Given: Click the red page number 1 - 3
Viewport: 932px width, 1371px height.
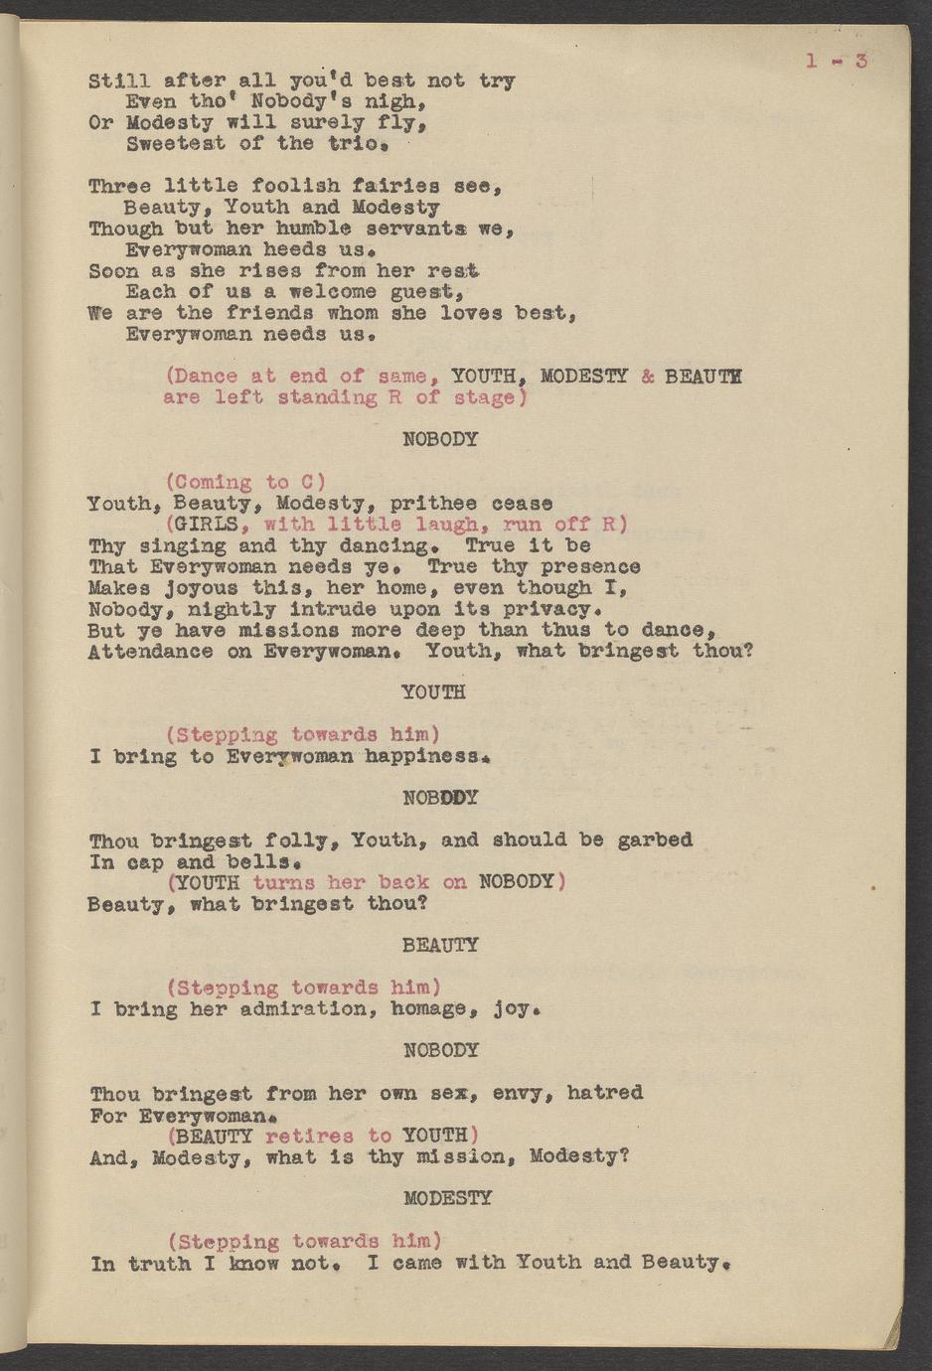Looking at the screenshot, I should point(837,61).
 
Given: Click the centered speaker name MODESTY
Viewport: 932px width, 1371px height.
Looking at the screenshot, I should point(447,1198).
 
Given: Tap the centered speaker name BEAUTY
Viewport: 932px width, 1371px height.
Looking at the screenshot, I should point(440,945).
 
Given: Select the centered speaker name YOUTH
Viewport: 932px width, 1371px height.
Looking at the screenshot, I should point(433,691).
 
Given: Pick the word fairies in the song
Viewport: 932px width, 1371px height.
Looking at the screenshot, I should point(382,186).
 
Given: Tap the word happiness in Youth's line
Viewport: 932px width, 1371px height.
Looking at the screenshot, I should point(424,756).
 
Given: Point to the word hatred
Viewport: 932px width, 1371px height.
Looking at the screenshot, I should point(604,1093).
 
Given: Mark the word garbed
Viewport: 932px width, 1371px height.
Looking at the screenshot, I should point(654,839).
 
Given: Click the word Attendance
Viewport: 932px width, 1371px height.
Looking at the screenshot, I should point(149,651).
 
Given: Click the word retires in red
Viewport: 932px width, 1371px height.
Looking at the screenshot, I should point(309,1136).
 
